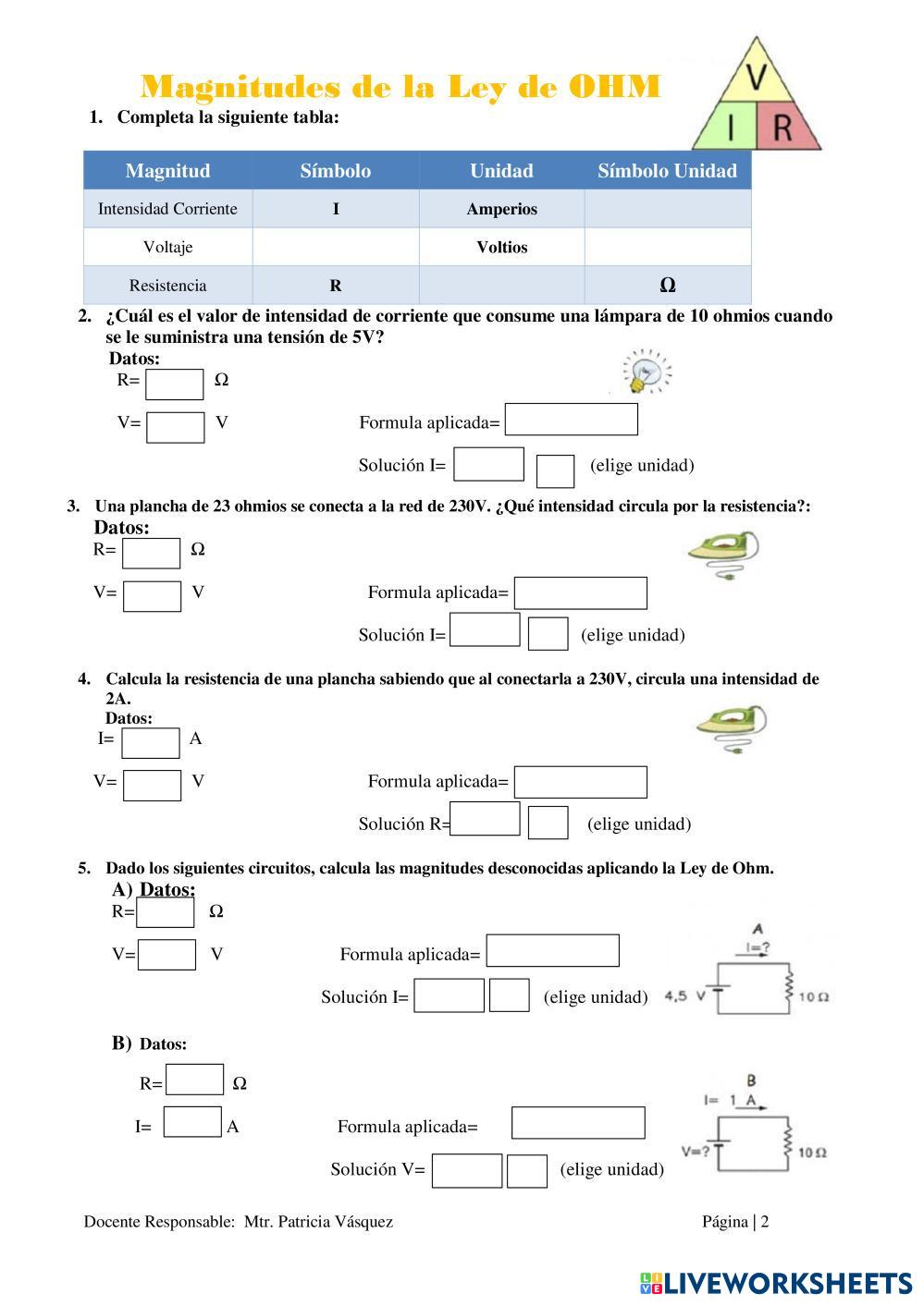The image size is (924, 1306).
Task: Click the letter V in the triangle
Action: pyautogui.click(x=757, y=78)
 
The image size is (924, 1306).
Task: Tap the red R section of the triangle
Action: pyautogui.click(x=783, y=128)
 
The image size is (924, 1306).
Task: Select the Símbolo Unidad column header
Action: pyautogui.click(x=667, y=171)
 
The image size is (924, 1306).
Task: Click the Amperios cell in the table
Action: pyautogui.click(x=501, y=209)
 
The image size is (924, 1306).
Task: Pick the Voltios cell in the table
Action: pyautogui.click(x=501, y=248)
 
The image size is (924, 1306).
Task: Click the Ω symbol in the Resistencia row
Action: pyautogui.click(x=667, y=286)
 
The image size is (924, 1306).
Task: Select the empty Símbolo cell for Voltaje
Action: pyautogui.click(x=335, y=248)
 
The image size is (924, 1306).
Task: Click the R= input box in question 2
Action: pyautogui.click(x=174, y=384)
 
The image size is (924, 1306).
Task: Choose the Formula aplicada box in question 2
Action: pyautogui.click(x=571, y=420)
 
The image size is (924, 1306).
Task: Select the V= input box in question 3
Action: pyautogui.click(x=152, y=596)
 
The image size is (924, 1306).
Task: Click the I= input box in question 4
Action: pyautogui.click(x=150, y=742)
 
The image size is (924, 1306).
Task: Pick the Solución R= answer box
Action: pyautogui.click(x=486, y=820)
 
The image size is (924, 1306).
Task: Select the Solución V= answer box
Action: pyautogui.click(x=466, y=1170)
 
